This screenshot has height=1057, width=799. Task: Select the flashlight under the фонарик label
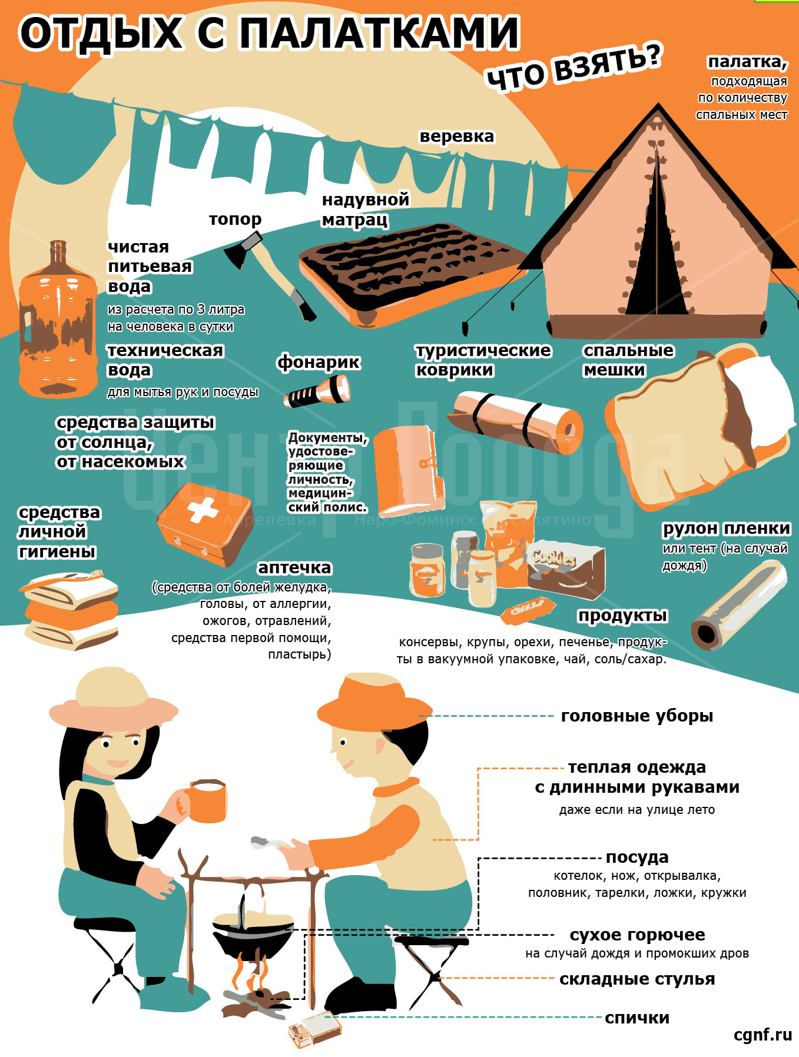coord(317,392)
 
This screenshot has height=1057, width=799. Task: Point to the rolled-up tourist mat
coord(515,422)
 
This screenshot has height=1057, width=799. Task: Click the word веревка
coord(457,136)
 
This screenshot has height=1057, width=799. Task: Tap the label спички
coord(637,1018)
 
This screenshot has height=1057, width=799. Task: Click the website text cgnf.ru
coord(762,1035)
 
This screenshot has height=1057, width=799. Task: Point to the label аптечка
coord(294,567)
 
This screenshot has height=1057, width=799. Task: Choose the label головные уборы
coord(637,716)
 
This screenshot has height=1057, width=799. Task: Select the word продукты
coord(622,616)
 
